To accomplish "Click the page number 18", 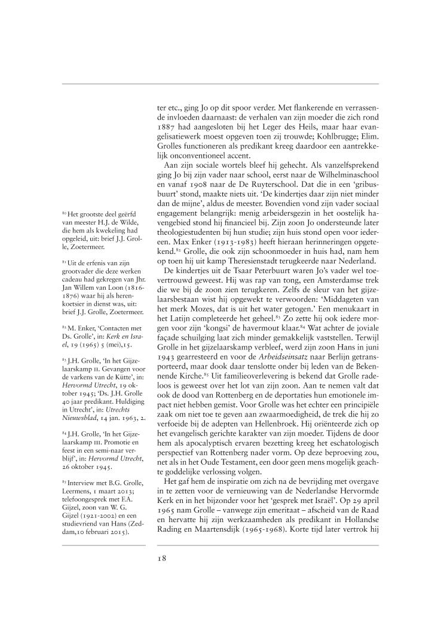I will [161, 559].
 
